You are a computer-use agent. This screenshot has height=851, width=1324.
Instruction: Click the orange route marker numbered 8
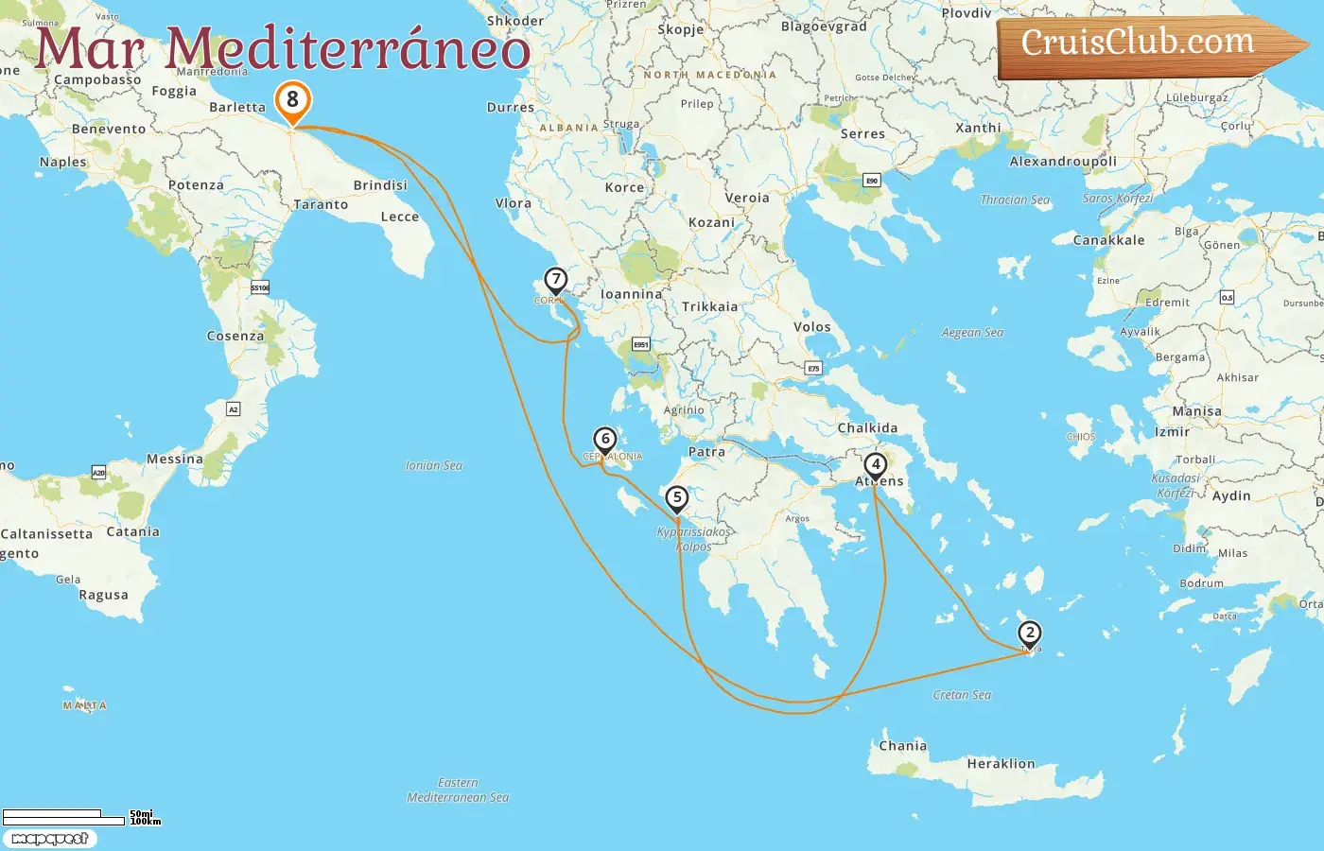(x=292, y=100)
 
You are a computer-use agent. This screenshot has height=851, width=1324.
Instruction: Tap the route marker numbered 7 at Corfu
(x=555, y=281)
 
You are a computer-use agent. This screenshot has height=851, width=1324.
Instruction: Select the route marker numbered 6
(x=605, y=440)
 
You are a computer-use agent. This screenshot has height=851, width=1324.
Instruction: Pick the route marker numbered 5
(x=676, y=498)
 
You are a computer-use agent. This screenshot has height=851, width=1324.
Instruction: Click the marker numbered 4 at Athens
(x=876, y=465)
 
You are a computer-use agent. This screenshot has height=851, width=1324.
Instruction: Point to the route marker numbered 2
(x=1029, y=634)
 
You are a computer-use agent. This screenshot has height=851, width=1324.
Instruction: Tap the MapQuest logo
(x=49, y=839)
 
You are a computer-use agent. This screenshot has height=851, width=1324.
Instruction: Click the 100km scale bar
(x=63, y=821)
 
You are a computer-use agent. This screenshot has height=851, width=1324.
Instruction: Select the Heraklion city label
(x=1001, y=764)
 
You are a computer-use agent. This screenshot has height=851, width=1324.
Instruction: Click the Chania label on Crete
(x=902, y=746)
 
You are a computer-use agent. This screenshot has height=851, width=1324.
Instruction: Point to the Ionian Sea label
(x=434, y=465)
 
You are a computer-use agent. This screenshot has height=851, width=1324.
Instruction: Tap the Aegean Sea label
(x=972, y=333)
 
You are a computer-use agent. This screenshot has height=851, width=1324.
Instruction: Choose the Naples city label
(x=62, y=163)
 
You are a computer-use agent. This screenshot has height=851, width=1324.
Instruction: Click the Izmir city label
(x=1172, y=432)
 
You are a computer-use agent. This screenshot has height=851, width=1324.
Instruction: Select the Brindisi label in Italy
(x=380, y=185)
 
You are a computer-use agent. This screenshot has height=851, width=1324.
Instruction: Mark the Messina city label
(x=175, y=460)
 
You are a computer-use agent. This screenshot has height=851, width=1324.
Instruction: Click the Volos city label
(x=812, y=327)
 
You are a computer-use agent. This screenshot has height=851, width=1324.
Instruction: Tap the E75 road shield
(x=813, y=368)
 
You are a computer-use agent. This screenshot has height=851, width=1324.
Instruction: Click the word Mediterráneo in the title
(x=348, y=49)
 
